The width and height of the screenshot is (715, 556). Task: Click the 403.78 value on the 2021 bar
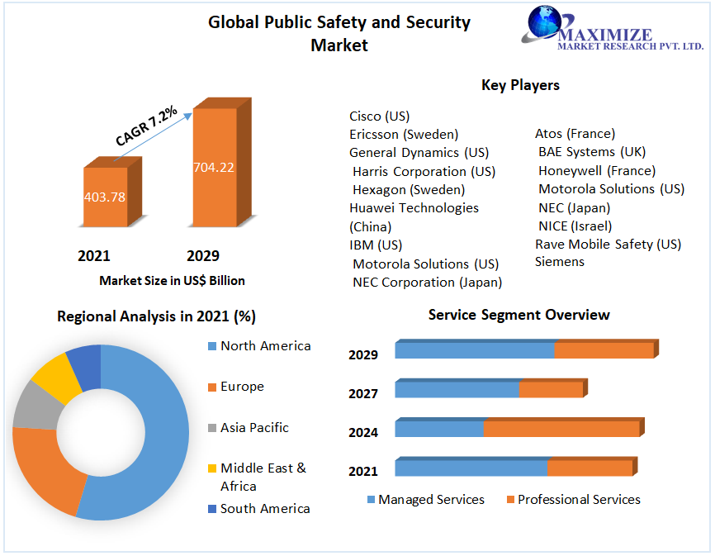coord(105,197)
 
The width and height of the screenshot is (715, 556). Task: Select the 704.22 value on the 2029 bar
coord(214,168)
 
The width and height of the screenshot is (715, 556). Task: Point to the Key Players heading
coord(520,85)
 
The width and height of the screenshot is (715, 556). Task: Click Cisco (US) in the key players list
coord(379,116)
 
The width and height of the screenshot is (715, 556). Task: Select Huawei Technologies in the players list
coord(414,208)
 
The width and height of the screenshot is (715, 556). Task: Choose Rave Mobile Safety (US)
coord(608,245)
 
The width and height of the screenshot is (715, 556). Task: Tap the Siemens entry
coord(560,262)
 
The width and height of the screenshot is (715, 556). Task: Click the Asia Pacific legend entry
coord(254,428)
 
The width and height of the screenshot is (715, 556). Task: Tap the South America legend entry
coord(265,509)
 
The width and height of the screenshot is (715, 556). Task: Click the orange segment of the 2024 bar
coord(561,429)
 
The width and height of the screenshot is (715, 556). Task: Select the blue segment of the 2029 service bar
coord(475,350)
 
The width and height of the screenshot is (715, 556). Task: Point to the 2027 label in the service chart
coord(363,394)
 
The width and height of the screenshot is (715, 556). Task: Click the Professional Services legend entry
coord(579,500)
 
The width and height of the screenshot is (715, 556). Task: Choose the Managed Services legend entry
coord(431,500)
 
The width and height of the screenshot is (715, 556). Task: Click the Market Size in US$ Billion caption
coord(172,281)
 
